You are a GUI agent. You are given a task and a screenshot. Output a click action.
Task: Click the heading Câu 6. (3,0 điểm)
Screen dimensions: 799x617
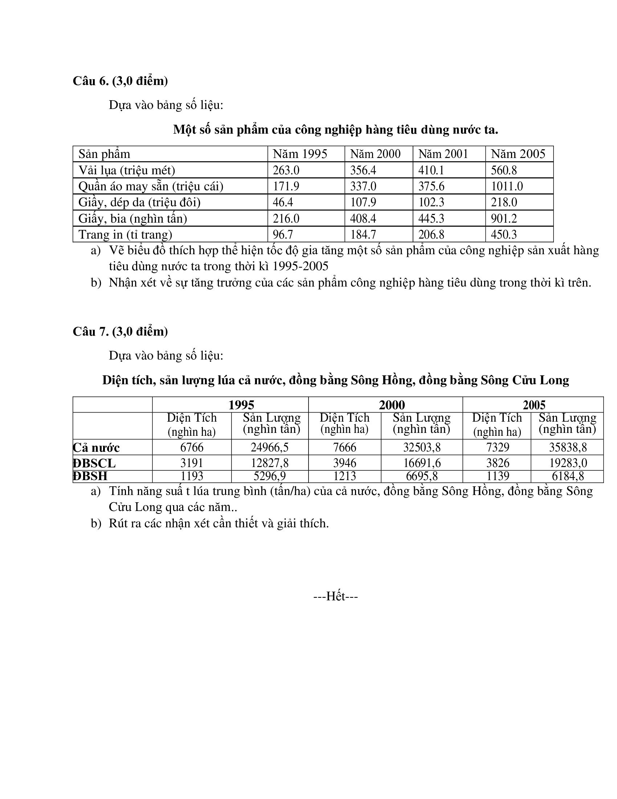coord(120,81)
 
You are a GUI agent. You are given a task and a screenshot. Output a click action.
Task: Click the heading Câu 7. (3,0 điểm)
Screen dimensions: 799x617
coord(120,332)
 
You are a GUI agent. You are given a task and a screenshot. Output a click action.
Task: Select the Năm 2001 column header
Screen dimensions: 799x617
coord(443,154)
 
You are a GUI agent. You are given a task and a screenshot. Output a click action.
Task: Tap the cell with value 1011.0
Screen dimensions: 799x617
coord(507,186)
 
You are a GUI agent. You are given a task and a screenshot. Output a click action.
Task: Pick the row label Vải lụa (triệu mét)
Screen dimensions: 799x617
coord(127,170)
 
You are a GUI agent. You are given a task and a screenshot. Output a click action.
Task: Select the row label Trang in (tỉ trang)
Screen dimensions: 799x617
coord(125,235)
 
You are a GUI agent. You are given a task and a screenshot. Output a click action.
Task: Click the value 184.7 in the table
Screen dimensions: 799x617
coord(363,235)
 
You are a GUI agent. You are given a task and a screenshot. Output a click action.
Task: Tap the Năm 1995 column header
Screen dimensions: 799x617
coord(300,154)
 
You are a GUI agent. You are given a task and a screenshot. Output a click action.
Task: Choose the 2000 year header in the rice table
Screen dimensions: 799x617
coord(392,405)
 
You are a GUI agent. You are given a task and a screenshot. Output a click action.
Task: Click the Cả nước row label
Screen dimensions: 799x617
coord(97,448)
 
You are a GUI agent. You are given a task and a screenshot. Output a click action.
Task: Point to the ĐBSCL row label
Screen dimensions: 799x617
coord(94,463)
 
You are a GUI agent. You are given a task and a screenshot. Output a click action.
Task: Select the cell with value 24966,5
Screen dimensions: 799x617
coord(270,447)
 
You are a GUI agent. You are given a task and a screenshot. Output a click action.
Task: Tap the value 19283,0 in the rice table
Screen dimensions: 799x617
coord(568,463)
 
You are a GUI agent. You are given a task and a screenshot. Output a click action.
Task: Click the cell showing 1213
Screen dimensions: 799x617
coord(344,476)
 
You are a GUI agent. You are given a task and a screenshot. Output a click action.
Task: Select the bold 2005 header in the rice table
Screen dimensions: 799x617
coord(534,405)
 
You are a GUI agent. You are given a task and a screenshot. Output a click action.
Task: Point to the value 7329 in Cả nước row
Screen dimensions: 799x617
coord(498,447)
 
